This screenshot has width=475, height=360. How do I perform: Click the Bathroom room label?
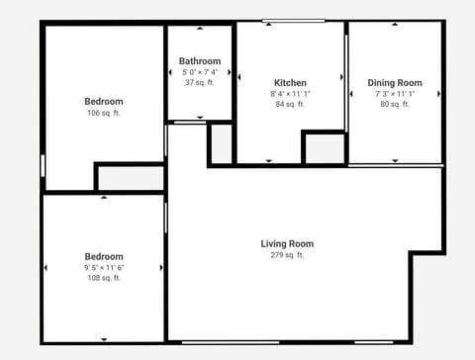click(x=200, y=61)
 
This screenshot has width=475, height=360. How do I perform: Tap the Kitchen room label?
click(x=290, y=83)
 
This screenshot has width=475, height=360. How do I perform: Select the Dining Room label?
click(x=395, y=83)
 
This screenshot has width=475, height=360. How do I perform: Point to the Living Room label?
click(x=287, y=243)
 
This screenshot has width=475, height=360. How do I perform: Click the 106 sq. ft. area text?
click(x=104, y=113)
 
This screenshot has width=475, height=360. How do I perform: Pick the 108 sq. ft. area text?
click(x=104, y=278)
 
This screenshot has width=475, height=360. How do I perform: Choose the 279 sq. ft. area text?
click(x=287, y=255)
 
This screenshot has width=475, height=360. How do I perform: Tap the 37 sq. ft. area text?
click(x=200, y=83)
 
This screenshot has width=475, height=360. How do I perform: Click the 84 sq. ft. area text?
click(x=290, y=104)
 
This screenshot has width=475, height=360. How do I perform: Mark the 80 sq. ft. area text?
click(x=395, y=104)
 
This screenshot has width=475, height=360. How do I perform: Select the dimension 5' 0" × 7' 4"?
click(x=200, y=72)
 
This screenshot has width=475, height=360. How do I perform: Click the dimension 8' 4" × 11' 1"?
click(x=290, y=94)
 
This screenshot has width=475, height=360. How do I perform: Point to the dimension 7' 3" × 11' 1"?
click(x=395, y=94)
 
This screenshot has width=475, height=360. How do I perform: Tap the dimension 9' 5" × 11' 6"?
click(x=104, y=267)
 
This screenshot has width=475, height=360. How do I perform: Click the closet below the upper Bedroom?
click(x=130, y=178)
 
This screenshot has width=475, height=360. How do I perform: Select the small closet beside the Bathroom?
click(x=222, y=144)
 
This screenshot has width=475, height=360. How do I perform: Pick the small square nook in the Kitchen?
click(x=324, y=148)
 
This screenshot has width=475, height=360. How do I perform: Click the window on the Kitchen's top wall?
click(x=294, y=21)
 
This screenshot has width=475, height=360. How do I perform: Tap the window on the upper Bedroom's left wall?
click(x=43, y=165)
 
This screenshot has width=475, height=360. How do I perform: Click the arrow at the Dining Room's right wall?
click(x=438, y=94)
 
